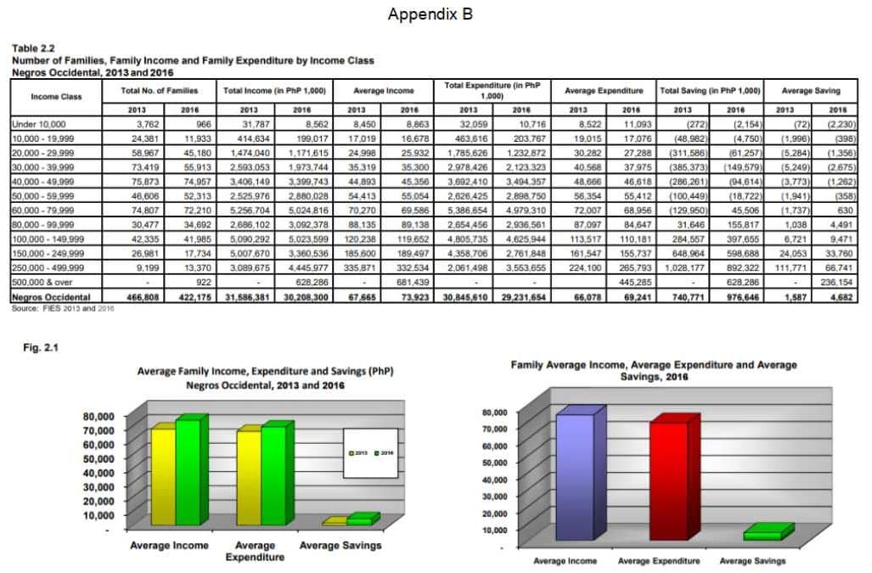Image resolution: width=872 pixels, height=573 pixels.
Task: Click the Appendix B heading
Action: tap(430, 14)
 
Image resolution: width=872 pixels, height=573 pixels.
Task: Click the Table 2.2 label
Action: tap(31, 49)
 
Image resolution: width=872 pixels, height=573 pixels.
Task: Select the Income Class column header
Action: tap(56, 96)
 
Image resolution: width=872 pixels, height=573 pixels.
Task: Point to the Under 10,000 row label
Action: tap(34, 123)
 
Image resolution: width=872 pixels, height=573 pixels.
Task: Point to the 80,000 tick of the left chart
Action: tap(98, 417)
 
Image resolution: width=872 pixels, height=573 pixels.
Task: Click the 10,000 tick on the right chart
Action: tap(497, 530)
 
